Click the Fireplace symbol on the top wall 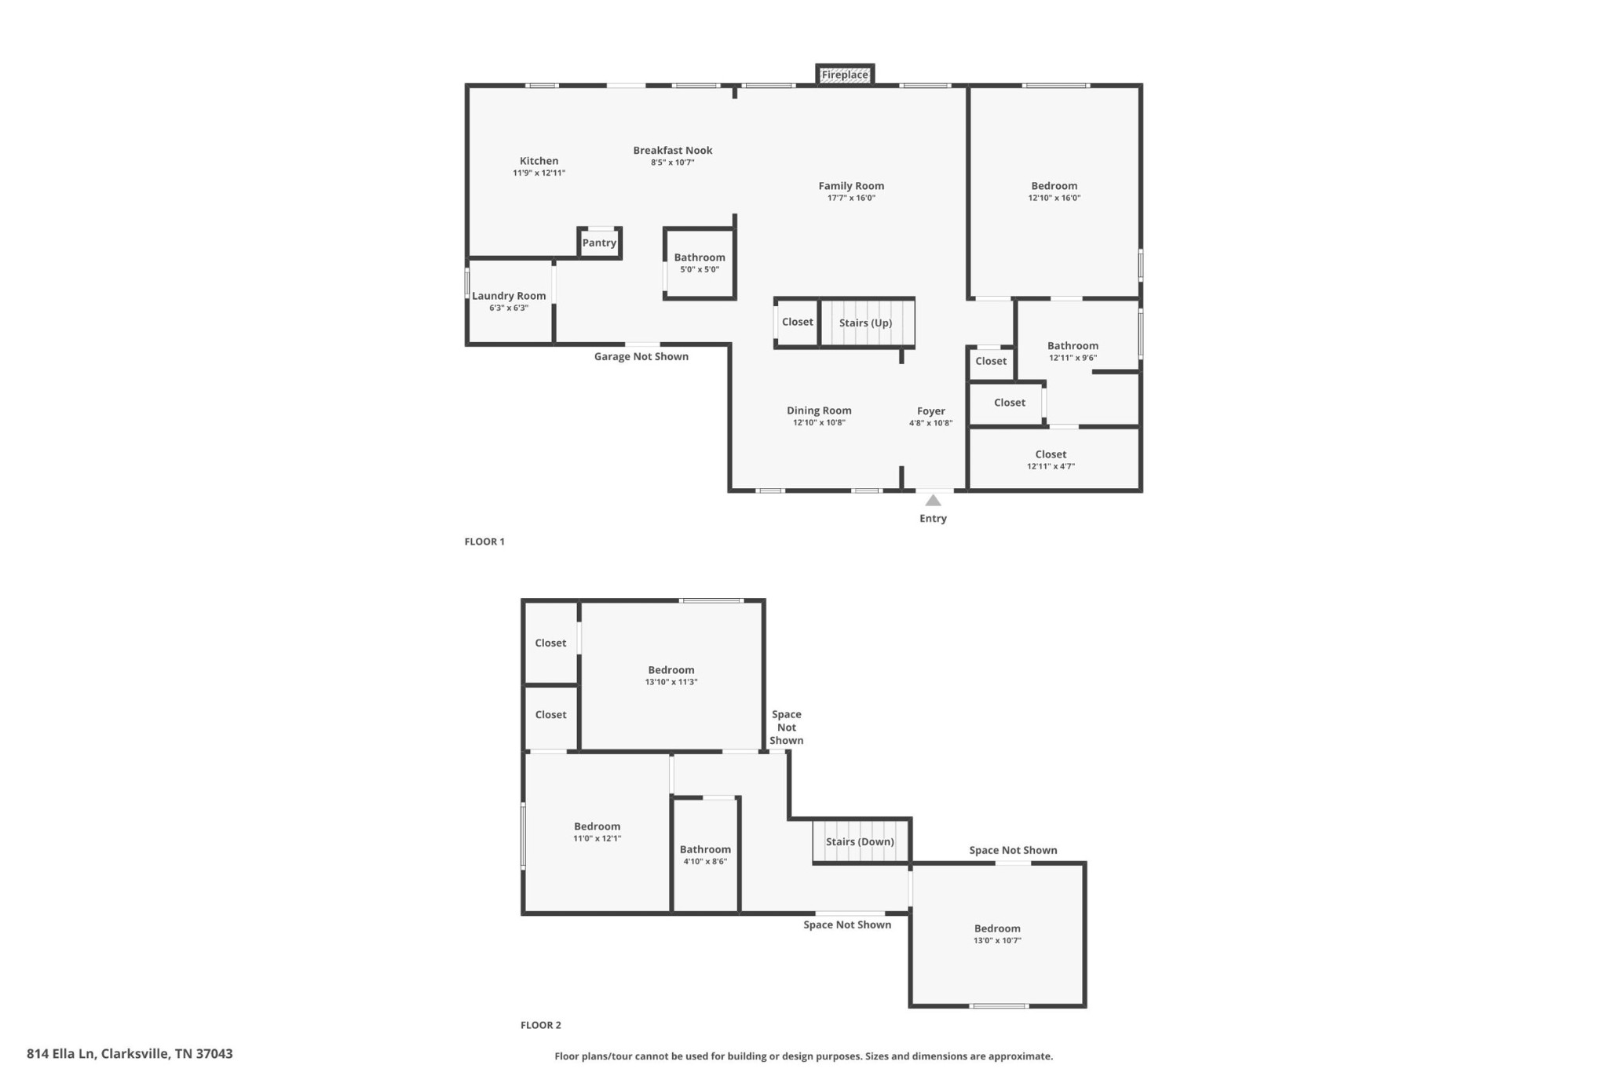845,75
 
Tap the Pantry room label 599,242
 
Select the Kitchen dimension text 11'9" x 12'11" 539,173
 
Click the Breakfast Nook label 673,150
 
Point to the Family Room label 851,186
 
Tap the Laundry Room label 509,296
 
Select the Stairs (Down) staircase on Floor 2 861,841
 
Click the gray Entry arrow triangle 933,500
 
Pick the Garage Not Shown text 641,356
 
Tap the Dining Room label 819,410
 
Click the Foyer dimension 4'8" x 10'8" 931,423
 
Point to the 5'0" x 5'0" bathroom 700,263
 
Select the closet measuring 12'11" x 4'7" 1054,459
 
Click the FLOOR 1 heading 484,541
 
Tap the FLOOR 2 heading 541,1025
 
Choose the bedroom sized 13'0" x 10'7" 998,934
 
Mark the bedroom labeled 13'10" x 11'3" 671,676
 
